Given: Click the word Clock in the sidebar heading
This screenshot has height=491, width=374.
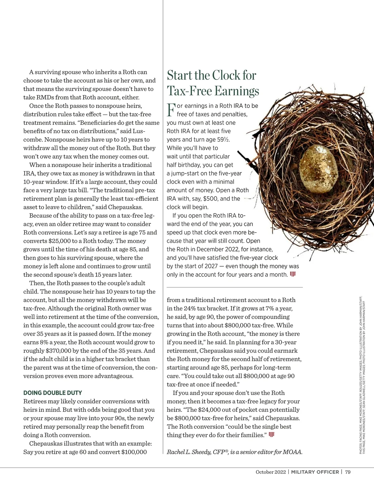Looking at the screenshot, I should (227, 76).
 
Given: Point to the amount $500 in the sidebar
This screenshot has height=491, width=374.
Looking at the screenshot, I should (211, 199).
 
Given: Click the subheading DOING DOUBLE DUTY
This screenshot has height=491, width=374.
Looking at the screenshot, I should (53, 393).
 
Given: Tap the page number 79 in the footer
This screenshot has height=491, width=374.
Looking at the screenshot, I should (348, 472).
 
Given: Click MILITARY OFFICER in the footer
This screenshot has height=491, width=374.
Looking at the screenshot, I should (315, 472).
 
